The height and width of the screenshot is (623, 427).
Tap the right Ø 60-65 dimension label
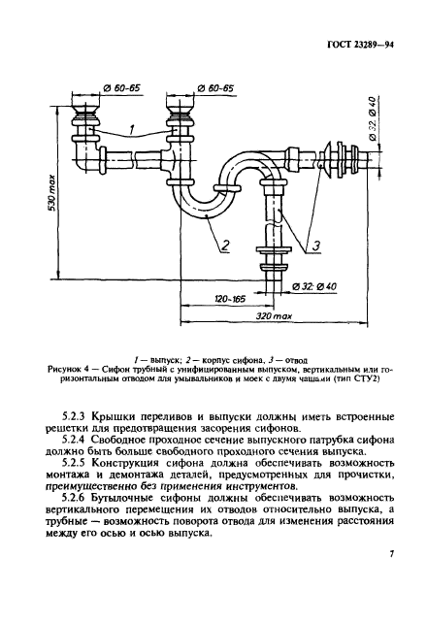(x=213, y=88)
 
